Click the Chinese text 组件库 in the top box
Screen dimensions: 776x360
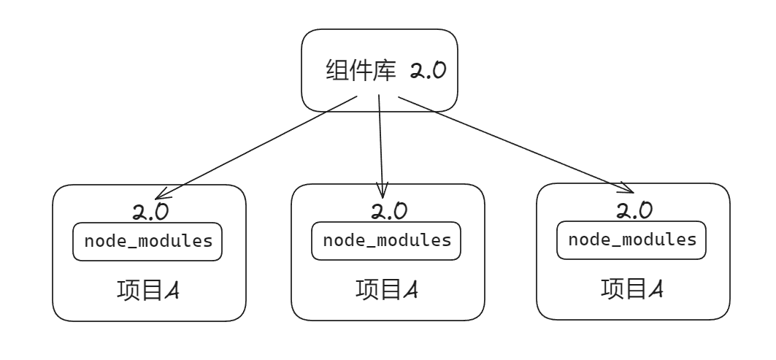tap(361, 70)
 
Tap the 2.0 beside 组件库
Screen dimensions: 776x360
tap(428, 70)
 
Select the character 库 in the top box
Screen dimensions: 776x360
tap(385, 70)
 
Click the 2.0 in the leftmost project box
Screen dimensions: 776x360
tap(150, 212)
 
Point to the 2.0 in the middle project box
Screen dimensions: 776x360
tap(390, 210)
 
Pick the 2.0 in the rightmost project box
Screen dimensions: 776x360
tap(634, 210)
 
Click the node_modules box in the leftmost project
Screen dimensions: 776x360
tap(147, 242)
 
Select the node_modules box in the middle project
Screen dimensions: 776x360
tap(386, 241)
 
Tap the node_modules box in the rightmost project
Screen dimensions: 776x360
tap(631, 240)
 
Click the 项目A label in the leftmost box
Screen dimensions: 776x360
tap(148, 291)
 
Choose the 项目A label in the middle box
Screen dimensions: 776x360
tap(386, 290)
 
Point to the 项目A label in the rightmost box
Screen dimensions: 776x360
tap(632, 288)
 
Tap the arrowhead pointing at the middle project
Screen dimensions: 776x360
tap(382, 190)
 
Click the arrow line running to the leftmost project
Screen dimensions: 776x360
tap(256, 148)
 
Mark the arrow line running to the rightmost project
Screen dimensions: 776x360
tap(516, 145)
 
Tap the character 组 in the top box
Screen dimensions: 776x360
tap(337, 70)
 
